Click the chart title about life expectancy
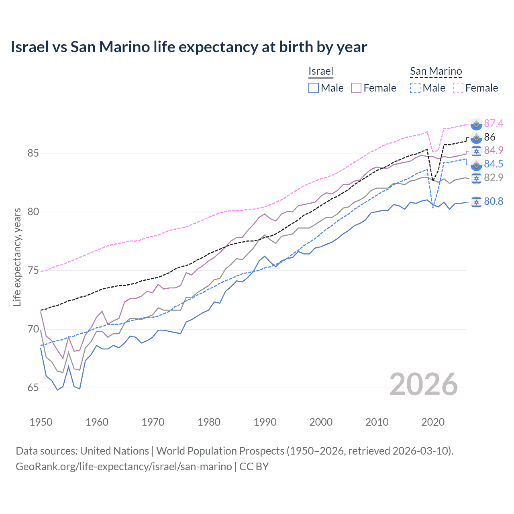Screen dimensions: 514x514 pyautogui.click(x=189, y=47)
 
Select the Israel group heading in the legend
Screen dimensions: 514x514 pyautogui.click(x=321, y=71)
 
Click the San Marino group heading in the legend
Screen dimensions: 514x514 pyautogui.click(x=436, y=71)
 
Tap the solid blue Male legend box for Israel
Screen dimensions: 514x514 pyautogui.click(x=314, y=88)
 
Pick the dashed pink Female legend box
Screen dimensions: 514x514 pyautogui.click(x=458, y=88)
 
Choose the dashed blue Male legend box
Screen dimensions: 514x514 pyautogui.click(x=415, y=88)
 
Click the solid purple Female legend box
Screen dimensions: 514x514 pyautogui.click(x=357, y=88)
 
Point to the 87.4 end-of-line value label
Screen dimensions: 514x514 pyautogui.click(x=494, y=123)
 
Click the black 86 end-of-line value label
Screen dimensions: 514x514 pyautogui.click(x=490, y=137)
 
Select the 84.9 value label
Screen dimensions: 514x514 pyautogui.click(x=494, y=150)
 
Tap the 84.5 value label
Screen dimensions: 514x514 pyautogui.click(x=494, y=164)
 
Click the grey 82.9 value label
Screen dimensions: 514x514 pyautogui.click(x=494, y=177)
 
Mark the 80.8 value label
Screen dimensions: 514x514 pyautogui.click(x=494, y=201)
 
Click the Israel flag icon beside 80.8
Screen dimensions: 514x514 pyautogui.click(x=476, y=202)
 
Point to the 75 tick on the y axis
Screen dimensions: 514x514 pyautogui.click(x=33, y=271)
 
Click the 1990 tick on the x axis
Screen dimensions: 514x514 pyautogui.click(x=265, y=422)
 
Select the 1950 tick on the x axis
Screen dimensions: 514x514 pyautogui.click(x=41, y=422)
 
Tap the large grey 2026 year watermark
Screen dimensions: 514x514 pyautogui.click(x=424, y=385)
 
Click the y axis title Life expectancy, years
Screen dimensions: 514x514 pyautogui.click(x=17, y=257)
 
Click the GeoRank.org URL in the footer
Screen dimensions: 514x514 pyautogui.click(x=124, y=467)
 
